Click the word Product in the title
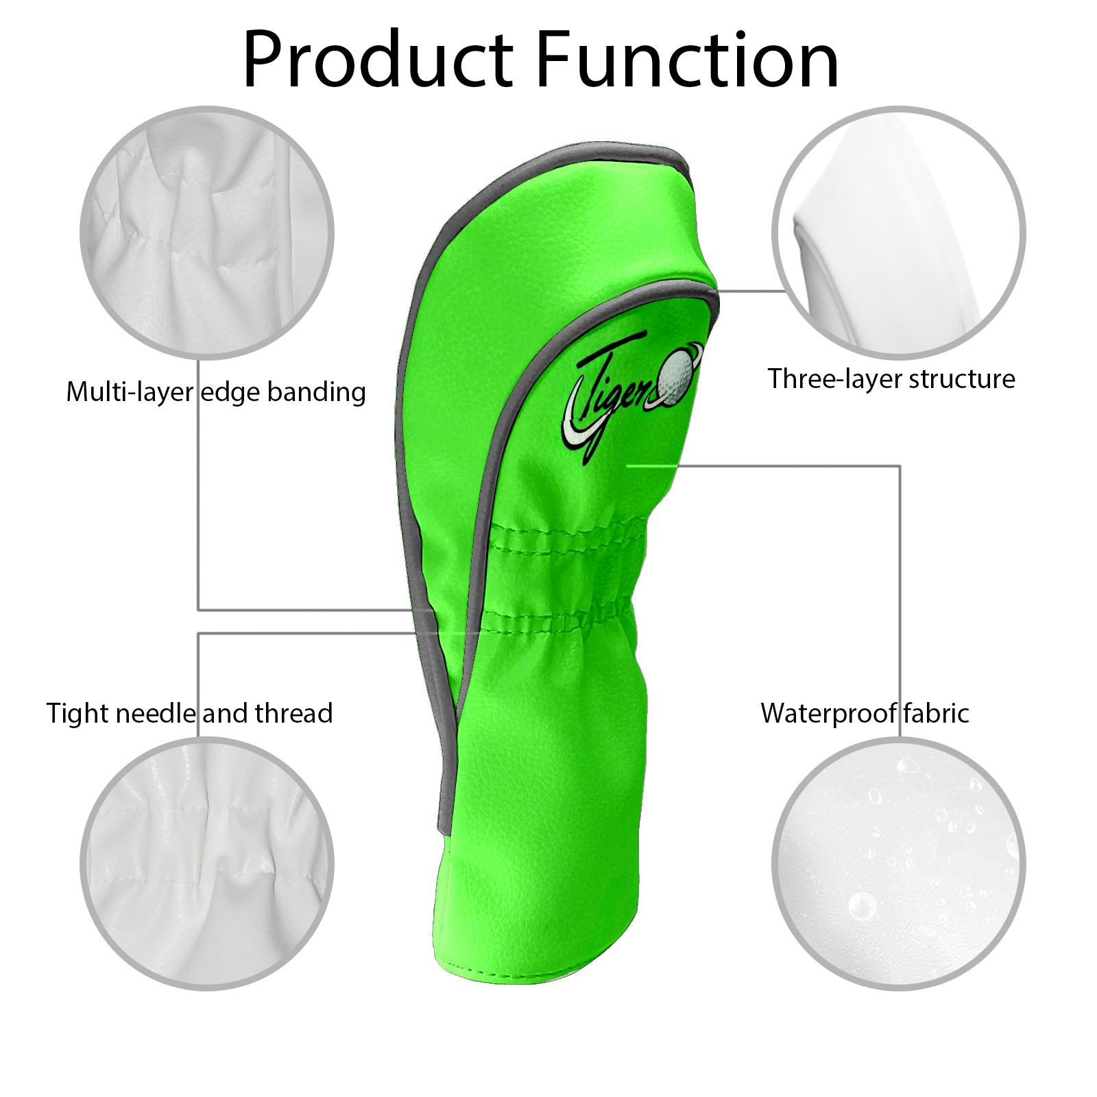tap(378, 60)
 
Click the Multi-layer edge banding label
tap(216, 392)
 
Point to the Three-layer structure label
tap(891, 378)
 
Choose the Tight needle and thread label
tap(189, 713)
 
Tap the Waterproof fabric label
tap(865, 713)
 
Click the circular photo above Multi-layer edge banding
tap(207, 232)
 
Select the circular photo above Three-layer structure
tap(899, 232)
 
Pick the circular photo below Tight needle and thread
tap(207, 864)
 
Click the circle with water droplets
tap(899, 864)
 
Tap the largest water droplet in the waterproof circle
tap(862, 906)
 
